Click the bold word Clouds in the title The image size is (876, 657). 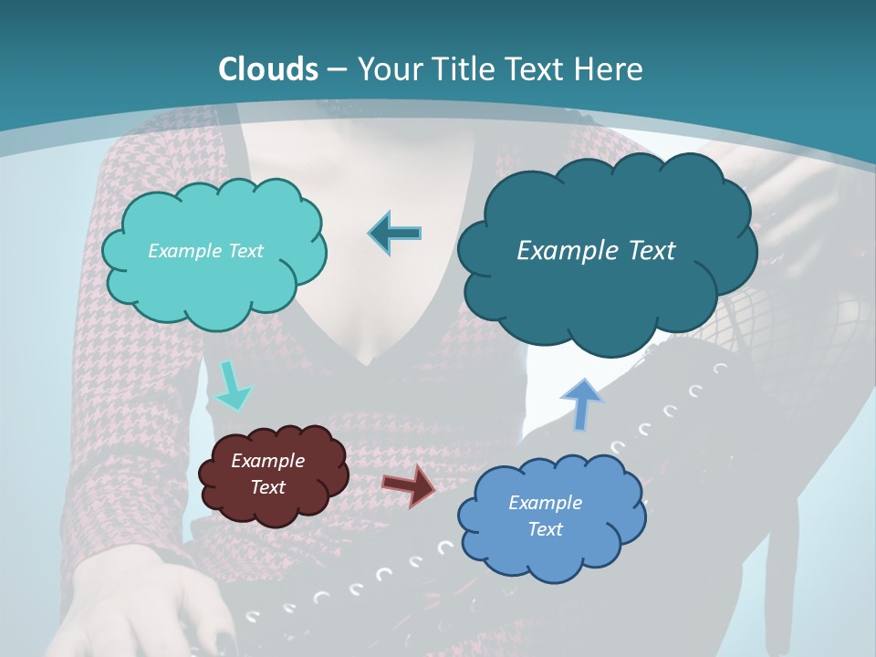268,69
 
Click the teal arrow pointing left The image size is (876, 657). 395,234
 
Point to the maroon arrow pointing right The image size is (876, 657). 409,485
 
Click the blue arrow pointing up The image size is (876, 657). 581,403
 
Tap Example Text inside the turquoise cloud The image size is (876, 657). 205,251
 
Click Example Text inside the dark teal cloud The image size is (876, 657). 596,251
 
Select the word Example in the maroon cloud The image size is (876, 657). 267,461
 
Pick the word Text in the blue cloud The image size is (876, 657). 545,529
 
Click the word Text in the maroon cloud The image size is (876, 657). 267,487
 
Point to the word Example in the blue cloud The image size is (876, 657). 545,503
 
